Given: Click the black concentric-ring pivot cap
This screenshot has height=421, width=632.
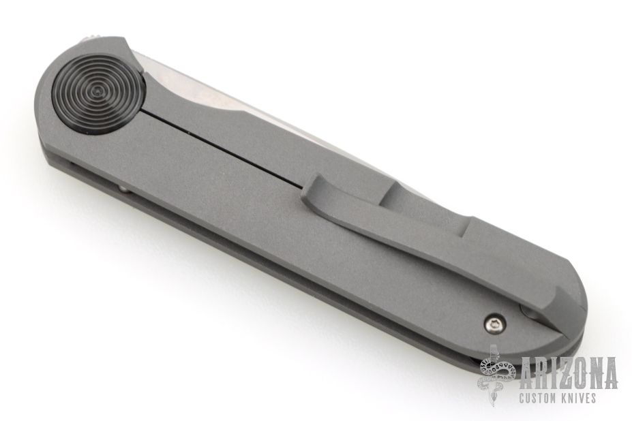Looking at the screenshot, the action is pyautogui.click(x=97, y=91).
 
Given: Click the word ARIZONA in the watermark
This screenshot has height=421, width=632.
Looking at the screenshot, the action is pyautogui.click(x=569, y=373).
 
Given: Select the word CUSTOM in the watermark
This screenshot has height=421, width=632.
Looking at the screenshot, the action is pyautogui.click(x=540, y=399).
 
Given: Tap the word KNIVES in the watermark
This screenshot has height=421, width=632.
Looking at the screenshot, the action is pyautogui.click(x=581, y=399).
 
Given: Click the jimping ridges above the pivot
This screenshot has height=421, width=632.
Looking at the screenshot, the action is pyautogui.click(x=91, y=38).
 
